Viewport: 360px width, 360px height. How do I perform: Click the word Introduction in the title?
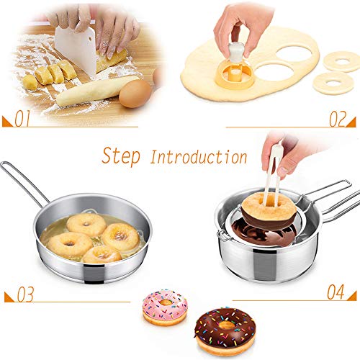click(198, 156)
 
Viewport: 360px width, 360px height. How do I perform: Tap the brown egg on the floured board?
click(135, 94)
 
